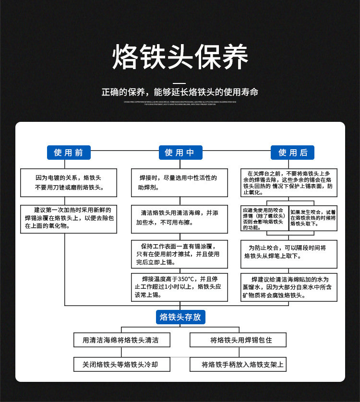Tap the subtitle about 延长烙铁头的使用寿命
click(180, 92)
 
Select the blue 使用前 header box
click(68, 153)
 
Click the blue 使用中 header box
click(180, 153)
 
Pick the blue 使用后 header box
click(292, 153)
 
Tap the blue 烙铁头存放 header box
click(180, 317)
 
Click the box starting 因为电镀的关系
click(68, 182)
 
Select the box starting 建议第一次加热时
click(68, 219)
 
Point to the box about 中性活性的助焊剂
click(180, 182)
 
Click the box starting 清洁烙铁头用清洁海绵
click(180, 219)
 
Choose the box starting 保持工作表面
click(180, 254)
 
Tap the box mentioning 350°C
click(180, 287)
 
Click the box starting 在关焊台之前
click(288, 183)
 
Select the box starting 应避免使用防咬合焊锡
click(264, 219)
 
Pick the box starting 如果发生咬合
click(313, 218)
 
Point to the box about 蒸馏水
click(288, 287)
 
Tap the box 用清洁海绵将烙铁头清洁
click(120, 340)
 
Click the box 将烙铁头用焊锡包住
click(238, 340)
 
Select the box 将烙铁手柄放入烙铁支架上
click(238, 364)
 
